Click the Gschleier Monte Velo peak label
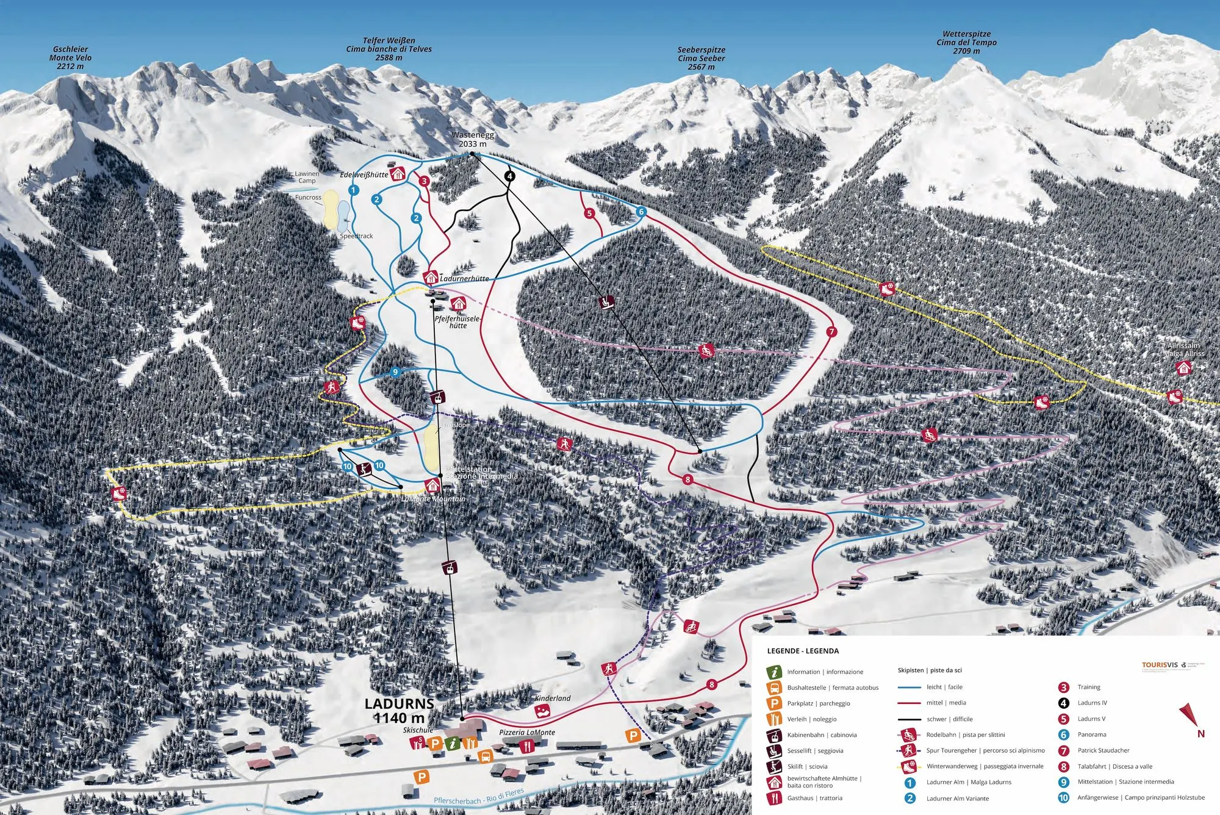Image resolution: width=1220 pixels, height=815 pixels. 70,57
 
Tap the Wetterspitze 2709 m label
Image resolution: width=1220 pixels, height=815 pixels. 966,43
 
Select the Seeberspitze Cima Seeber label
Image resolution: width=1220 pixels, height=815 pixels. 701,58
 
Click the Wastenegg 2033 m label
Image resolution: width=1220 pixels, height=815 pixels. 473,140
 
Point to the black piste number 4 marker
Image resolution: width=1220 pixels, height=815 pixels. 509,176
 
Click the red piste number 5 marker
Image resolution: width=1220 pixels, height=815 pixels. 589,214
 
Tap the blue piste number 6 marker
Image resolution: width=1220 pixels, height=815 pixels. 640,212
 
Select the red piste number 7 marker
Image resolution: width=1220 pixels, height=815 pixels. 831,332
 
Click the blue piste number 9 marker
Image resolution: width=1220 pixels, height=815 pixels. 395,372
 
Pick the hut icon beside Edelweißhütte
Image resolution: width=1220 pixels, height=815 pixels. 398,174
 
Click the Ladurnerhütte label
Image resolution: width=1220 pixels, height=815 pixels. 464,279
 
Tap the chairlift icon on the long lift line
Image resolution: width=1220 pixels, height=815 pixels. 606,302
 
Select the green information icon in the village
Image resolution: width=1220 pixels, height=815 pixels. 451,743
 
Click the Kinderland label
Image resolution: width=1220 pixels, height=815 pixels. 553,698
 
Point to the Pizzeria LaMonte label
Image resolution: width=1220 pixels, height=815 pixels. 527,732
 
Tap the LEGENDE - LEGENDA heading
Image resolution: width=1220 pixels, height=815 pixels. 803,651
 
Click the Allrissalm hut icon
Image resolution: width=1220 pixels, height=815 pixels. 1183,368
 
